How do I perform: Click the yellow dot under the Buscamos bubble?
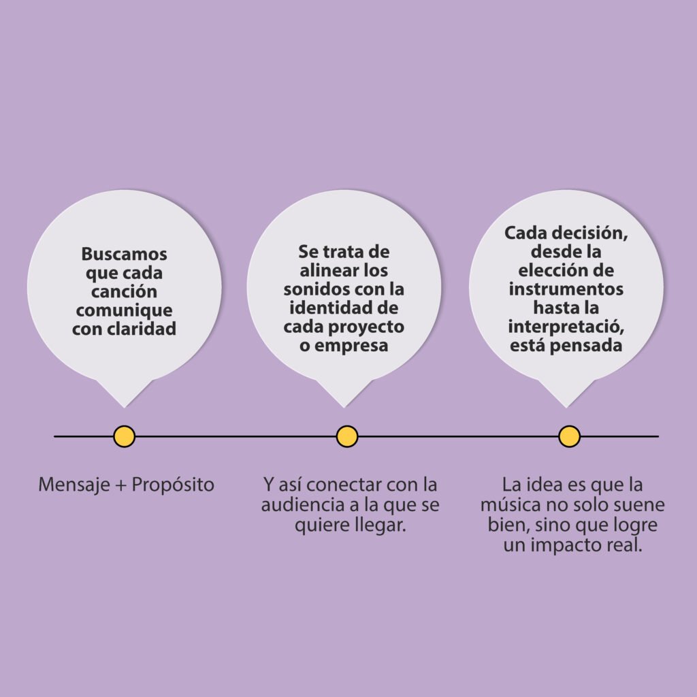click(124, 436)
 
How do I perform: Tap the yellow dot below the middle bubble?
click(346, 436)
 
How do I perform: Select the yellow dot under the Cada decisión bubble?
click(569, 436)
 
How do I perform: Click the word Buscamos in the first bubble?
click(124, 254)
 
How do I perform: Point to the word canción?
click(124, 291)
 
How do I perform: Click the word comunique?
click(124, 310)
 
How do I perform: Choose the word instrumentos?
click(566, 289)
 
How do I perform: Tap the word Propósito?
click(173, 485)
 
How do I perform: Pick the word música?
click(511, 506)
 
